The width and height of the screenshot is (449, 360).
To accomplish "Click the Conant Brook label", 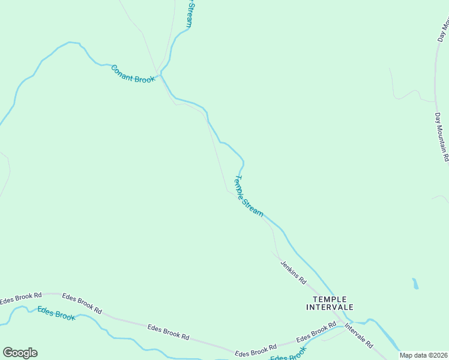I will (133, 74).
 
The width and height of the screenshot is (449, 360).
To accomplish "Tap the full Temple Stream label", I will (248, 195).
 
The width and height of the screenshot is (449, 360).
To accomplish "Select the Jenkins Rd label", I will (293, 272).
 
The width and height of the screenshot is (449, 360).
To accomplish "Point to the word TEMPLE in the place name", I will (330, 299).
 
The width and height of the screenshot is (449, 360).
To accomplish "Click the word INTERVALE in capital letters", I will (330, 307).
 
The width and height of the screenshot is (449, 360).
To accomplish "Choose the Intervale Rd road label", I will (358, 336).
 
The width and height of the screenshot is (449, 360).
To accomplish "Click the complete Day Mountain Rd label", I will (442, 136).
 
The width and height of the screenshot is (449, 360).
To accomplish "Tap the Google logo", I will (20, 353).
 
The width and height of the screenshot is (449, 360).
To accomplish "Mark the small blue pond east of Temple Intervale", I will (415, 283).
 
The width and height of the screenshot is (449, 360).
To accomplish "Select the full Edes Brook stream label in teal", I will (56, 313).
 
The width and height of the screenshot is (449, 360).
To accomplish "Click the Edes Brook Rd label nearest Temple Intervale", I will (316, 332).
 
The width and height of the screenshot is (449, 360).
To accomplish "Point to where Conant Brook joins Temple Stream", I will (161, 76).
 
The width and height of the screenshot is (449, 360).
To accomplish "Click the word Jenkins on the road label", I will (289, 268).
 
